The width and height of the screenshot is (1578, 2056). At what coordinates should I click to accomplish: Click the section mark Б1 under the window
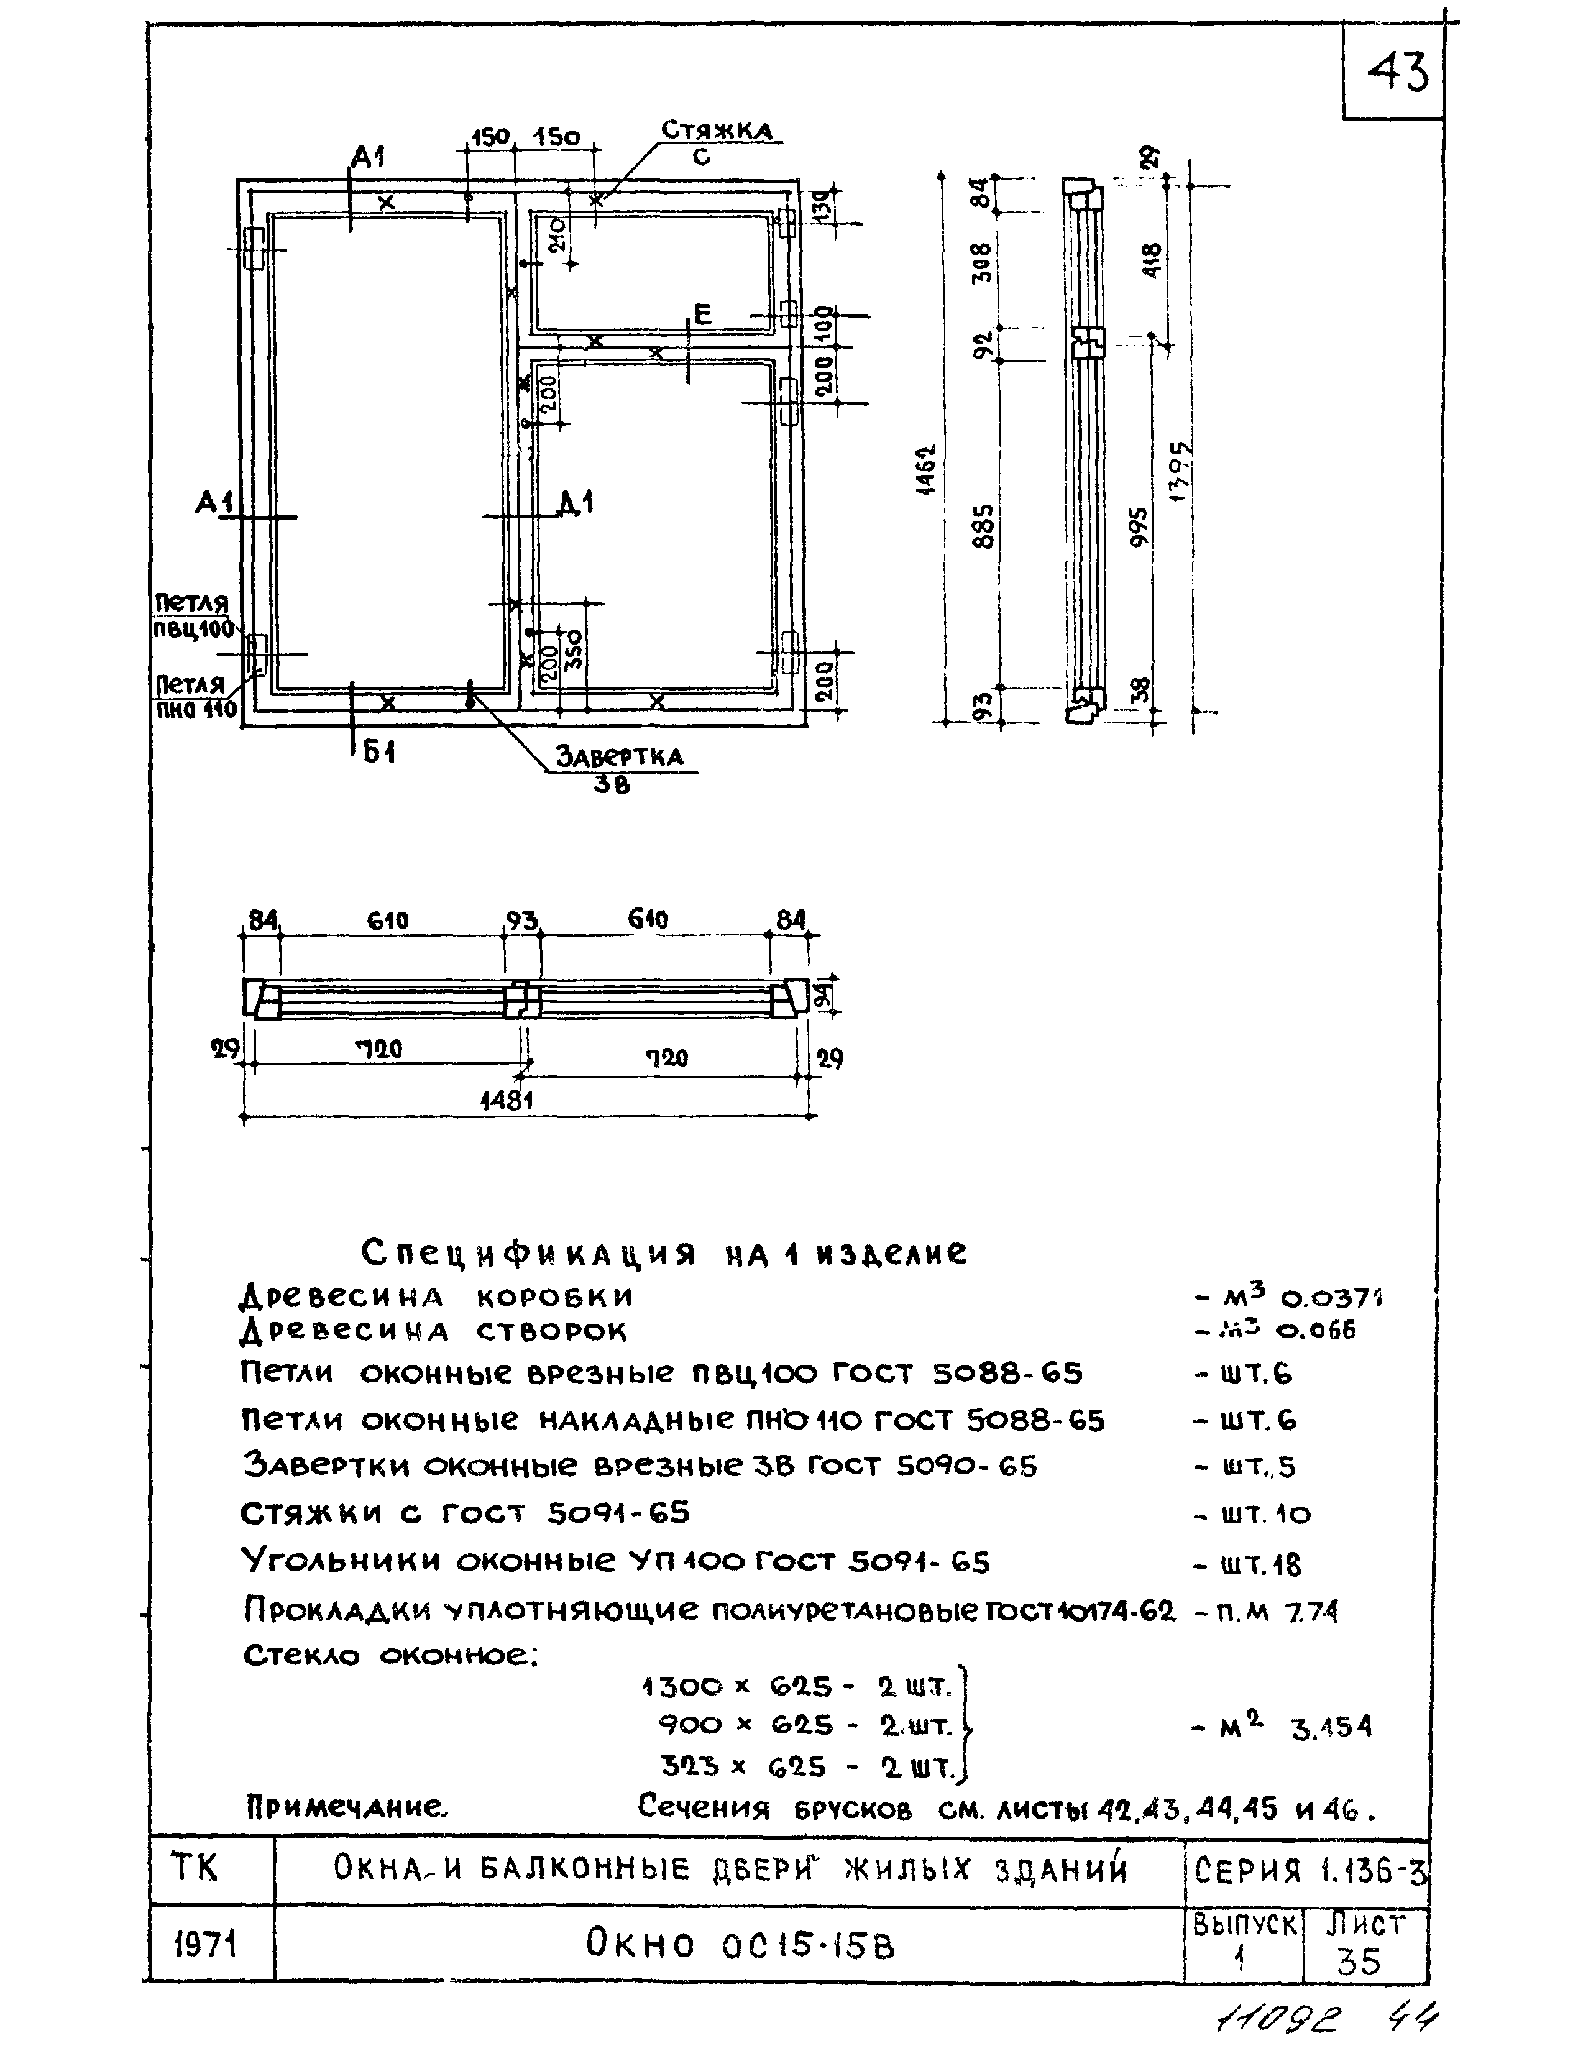coord(378,752)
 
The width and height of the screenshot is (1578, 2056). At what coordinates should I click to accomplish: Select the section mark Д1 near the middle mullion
coord(575,505)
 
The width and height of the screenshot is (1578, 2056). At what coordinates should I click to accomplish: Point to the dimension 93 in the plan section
coord(522,920)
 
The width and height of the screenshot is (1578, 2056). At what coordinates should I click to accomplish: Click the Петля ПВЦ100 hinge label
coord(193,616)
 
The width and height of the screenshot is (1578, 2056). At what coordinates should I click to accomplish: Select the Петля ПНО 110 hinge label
coord(195,697)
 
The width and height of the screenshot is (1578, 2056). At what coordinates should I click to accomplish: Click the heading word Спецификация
coord(529,1253)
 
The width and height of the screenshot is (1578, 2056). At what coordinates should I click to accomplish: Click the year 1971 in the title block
coord(206,1944)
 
